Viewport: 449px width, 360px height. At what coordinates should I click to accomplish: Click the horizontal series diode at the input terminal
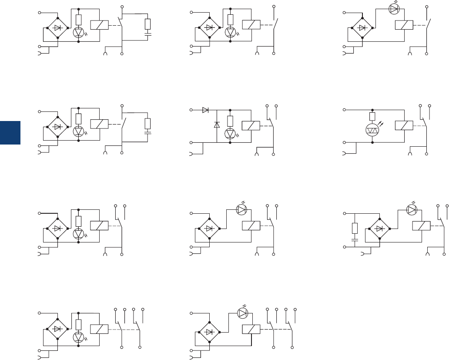coord(205,110)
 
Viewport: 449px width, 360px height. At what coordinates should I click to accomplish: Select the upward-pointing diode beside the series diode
coord(217,125)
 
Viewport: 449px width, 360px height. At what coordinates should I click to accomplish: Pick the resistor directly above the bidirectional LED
coord(372,116)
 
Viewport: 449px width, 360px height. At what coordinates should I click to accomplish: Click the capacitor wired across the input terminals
coord(355,239)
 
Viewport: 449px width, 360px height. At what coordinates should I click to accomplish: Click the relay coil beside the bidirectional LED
coord(404,125)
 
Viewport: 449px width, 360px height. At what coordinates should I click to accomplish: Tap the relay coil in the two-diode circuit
coord(251,125)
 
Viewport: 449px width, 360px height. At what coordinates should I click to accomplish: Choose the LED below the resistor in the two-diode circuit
coord(230,134)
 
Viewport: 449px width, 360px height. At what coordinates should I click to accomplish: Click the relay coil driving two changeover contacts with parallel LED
coord(100,330)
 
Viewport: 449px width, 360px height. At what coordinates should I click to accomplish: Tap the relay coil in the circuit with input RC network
coord(421,225)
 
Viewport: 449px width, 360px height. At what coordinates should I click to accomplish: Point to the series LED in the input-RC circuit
coord(411,210)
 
